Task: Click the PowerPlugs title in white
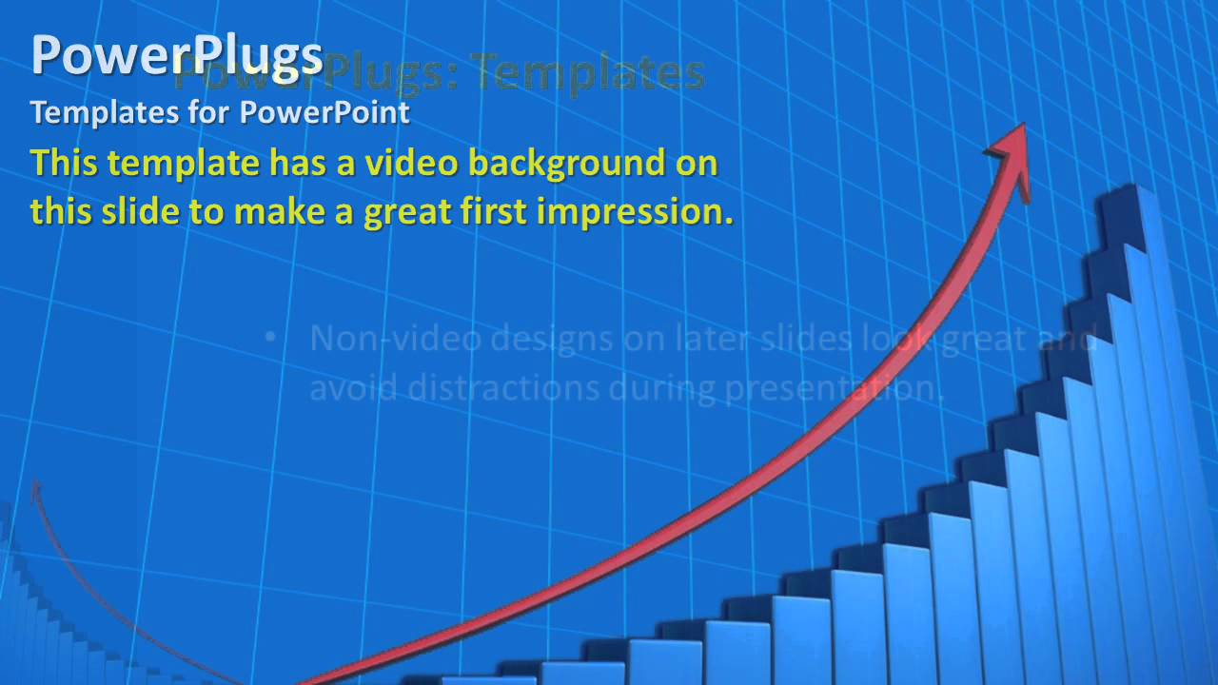[177, 55]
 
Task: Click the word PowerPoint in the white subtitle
[324, 112]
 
